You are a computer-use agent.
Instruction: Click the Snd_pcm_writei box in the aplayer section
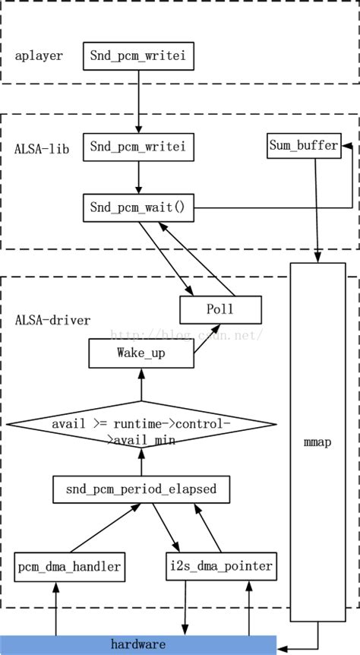coord(138,56)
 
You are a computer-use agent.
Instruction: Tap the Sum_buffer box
coord(303,146)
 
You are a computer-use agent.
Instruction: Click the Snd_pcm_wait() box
coord(138,207)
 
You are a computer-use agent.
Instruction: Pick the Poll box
coord(220,309)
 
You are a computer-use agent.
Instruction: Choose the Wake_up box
coord(141,353)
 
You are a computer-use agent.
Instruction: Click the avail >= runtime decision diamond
coord(141,429)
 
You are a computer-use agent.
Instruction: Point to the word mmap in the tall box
coord(317,441)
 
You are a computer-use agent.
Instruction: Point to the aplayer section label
coord(39,56)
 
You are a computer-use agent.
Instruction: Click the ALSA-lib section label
coord(43,149)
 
